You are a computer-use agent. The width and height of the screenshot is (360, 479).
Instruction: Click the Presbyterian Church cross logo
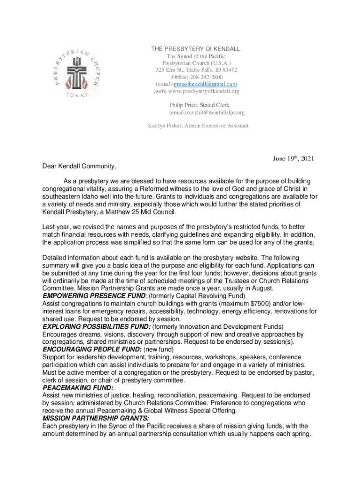78,71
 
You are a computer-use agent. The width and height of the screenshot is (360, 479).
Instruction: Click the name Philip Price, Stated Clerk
196,105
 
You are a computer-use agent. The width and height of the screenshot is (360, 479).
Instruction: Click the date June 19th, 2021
293,159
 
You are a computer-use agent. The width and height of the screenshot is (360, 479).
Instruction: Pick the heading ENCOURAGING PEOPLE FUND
92,349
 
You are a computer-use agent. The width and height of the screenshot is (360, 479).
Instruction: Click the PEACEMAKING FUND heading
78,388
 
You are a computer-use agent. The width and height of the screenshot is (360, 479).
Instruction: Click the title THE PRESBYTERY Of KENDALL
196,49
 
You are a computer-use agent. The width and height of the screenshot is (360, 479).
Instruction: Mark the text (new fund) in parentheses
159,349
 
